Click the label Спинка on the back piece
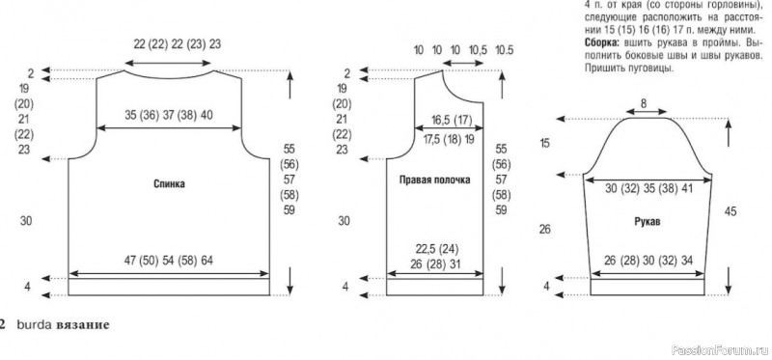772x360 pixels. point(169,184)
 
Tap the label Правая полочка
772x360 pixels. point(435,180)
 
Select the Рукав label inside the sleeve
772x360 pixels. point(648,222)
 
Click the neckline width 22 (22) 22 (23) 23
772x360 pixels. point(178,43)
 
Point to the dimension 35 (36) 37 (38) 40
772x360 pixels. point(169,115)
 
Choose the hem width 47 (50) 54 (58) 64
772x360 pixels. point(169,260)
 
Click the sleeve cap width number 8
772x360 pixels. point(644,103)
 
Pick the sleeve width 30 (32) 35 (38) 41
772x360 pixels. point(648,188)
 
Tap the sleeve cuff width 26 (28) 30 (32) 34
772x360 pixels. point(648,261)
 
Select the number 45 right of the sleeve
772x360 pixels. point(731,211)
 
